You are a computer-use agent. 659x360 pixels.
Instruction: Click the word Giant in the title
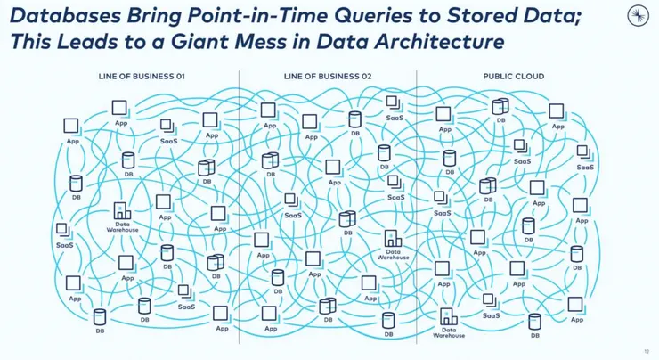click(x=191, y=42)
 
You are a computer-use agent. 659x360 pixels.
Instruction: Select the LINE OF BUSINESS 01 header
click(x=142, y=77)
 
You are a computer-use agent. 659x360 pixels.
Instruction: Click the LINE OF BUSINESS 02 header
click(x=327, y=77)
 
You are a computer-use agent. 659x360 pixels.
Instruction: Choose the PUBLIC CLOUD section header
click(x=513, y=77)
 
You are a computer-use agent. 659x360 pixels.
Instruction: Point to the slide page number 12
click(x=646, y=351)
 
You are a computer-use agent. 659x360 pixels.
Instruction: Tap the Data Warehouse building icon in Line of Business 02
click(x=393, y=239)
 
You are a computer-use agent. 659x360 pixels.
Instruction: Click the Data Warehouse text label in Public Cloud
click(x=448, y=332)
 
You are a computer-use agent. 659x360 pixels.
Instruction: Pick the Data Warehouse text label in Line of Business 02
click(x=393, y=254)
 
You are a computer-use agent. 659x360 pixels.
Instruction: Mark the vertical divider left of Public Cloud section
click(x=416, y=205)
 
